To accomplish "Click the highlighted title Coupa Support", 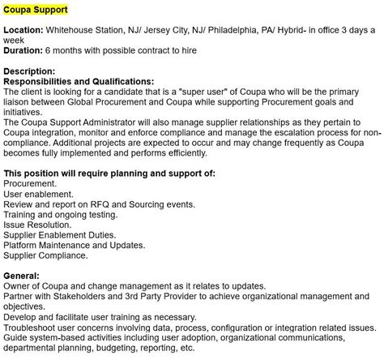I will (36, 9).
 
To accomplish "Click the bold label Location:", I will (23, 30).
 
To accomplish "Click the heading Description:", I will (30, 71).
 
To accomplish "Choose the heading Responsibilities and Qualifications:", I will (79, 82).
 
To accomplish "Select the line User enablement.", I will (38, 195).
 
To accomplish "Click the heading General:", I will (23, 276).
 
